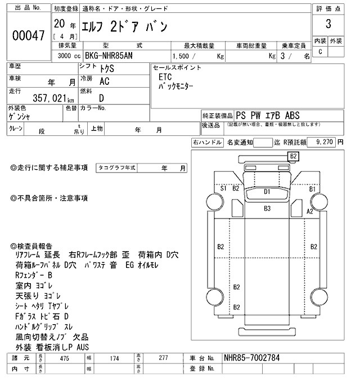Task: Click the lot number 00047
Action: pos(28,35)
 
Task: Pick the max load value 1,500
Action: pos(181,56)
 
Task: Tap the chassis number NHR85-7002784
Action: pos(250,357)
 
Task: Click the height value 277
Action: pos(164,357)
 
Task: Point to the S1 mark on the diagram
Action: pos(223,188)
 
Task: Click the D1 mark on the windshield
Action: pos(267,192)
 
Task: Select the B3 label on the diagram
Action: pos(267,208)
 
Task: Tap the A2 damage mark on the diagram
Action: pos(309,211)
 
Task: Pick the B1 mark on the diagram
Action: pos(312,189)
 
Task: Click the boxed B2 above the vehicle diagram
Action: pos(293,156)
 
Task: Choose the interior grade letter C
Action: pos(320,52)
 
